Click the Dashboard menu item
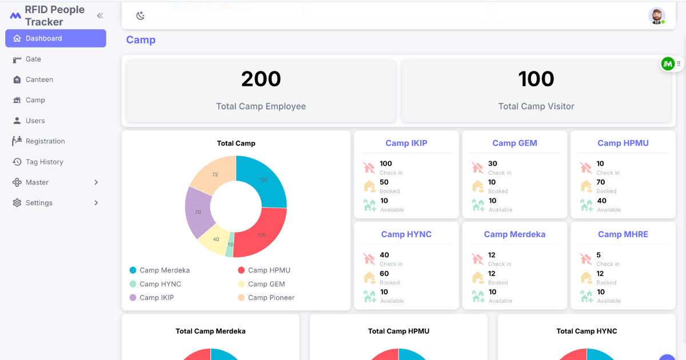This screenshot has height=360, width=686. coord(55,38)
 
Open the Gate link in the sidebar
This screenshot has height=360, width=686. coord(33,59)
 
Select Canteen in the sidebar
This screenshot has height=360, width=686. coord(39,79)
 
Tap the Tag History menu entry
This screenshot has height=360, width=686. coord(45,162)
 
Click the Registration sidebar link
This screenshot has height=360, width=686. coord(45,141)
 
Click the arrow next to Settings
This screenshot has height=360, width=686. coord(96,203)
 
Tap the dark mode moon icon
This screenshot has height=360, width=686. coord(140,15)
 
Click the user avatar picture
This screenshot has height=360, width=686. coord(657,16)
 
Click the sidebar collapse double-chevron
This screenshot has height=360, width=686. coord(100,15)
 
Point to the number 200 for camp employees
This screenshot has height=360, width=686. coord(261,79)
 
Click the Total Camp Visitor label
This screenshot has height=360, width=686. coord(536,106)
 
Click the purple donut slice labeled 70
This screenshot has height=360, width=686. coord(198,211)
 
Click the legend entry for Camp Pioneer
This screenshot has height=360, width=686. coord(266,298)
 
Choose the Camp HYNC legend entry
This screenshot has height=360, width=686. coord(155,284)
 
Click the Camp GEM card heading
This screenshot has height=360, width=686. coord(514,143)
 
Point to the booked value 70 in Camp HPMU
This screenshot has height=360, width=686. coord(601,182)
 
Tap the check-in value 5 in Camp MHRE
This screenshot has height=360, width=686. coord(599,255)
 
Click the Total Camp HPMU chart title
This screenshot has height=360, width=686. coord(398,331)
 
